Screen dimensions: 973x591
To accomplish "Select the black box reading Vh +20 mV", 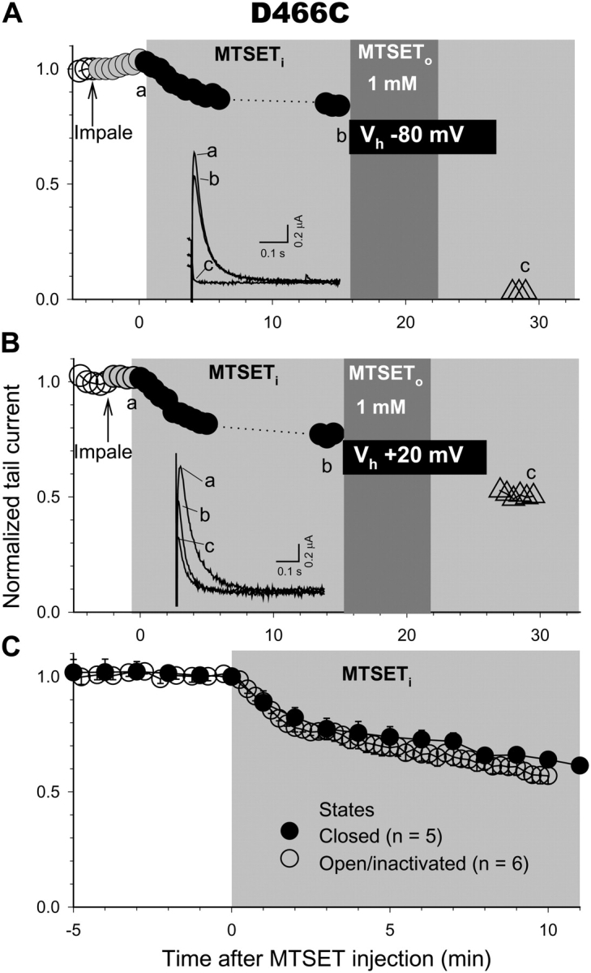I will coord(413,457).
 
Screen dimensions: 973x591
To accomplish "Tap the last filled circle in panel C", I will coord(580,765).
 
